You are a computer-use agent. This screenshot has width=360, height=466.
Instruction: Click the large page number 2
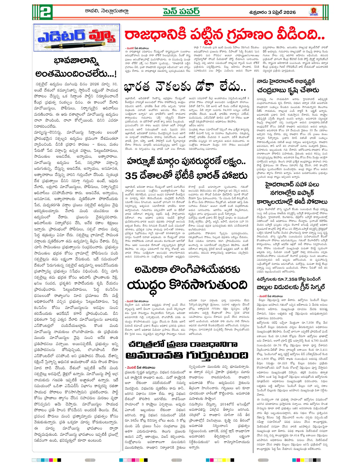pos(46,13)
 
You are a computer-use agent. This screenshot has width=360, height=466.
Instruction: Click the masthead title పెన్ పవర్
pos(181,11)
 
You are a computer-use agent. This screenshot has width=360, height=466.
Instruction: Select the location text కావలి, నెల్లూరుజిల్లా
pos(106,11)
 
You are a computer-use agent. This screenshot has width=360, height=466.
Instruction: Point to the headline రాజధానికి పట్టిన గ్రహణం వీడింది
pos(225,35)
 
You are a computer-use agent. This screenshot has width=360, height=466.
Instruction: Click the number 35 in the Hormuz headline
pos(131,176)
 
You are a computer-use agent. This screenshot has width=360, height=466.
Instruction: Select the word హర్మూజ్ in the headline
pos(142,162)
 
